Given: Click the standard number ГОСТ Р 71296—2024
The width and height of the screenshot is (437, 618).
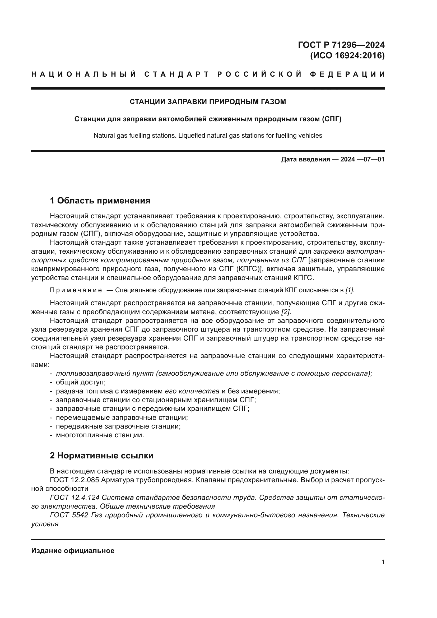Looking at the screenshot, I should tap(341, 45).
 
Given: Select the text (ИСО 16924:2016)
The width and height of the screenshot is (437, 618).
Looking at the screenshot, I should tap(347, 55).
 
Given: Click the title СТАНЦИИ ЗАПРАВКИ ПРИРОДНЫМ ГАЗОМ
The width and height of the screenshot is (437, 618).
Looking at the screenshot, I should tap(208, 102).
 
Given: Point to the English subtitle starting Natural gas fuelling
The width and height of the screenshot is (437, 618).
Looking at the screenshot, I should tap(208, 135).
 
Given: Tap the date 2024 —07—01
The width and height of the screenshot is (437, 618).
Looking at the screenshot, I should tap(362, 159).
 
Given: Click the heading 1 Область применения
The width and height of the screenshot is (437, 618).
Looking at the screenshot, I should tap(100, 200).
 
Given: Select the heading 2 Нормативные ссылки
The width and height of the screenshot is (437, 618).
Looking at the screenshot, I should tap(101, 456).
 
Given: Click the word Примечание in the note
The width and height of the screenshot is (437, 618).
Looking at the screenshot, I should tap(76, 290).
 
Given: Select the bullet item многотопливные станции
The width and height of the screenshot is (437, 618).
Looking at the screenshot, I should tap(100, 435).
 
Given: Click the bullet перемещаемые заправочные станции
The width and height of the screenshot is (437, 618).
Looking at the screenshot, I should tap(122, 417).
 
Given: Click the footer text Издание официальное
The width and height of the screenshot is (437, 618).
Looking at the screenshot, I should tap(73, 551).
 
